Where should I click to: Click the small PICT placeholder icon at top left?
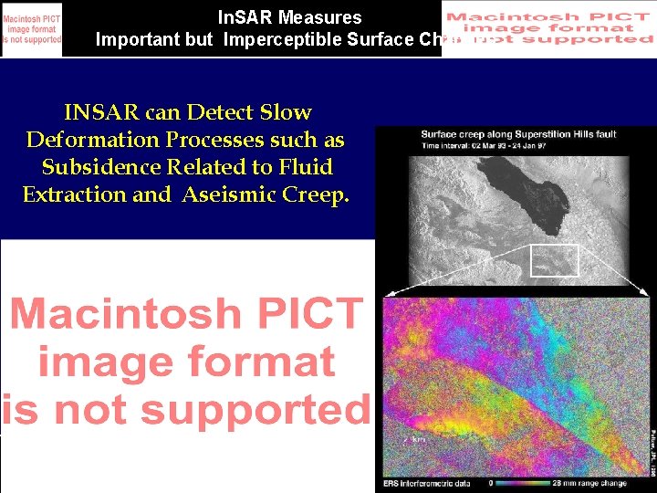tap(32, 29)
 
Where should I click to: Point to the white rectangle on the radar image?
tap(555, 260)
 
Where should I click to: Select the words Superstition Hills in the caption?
tap(553, 135)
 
